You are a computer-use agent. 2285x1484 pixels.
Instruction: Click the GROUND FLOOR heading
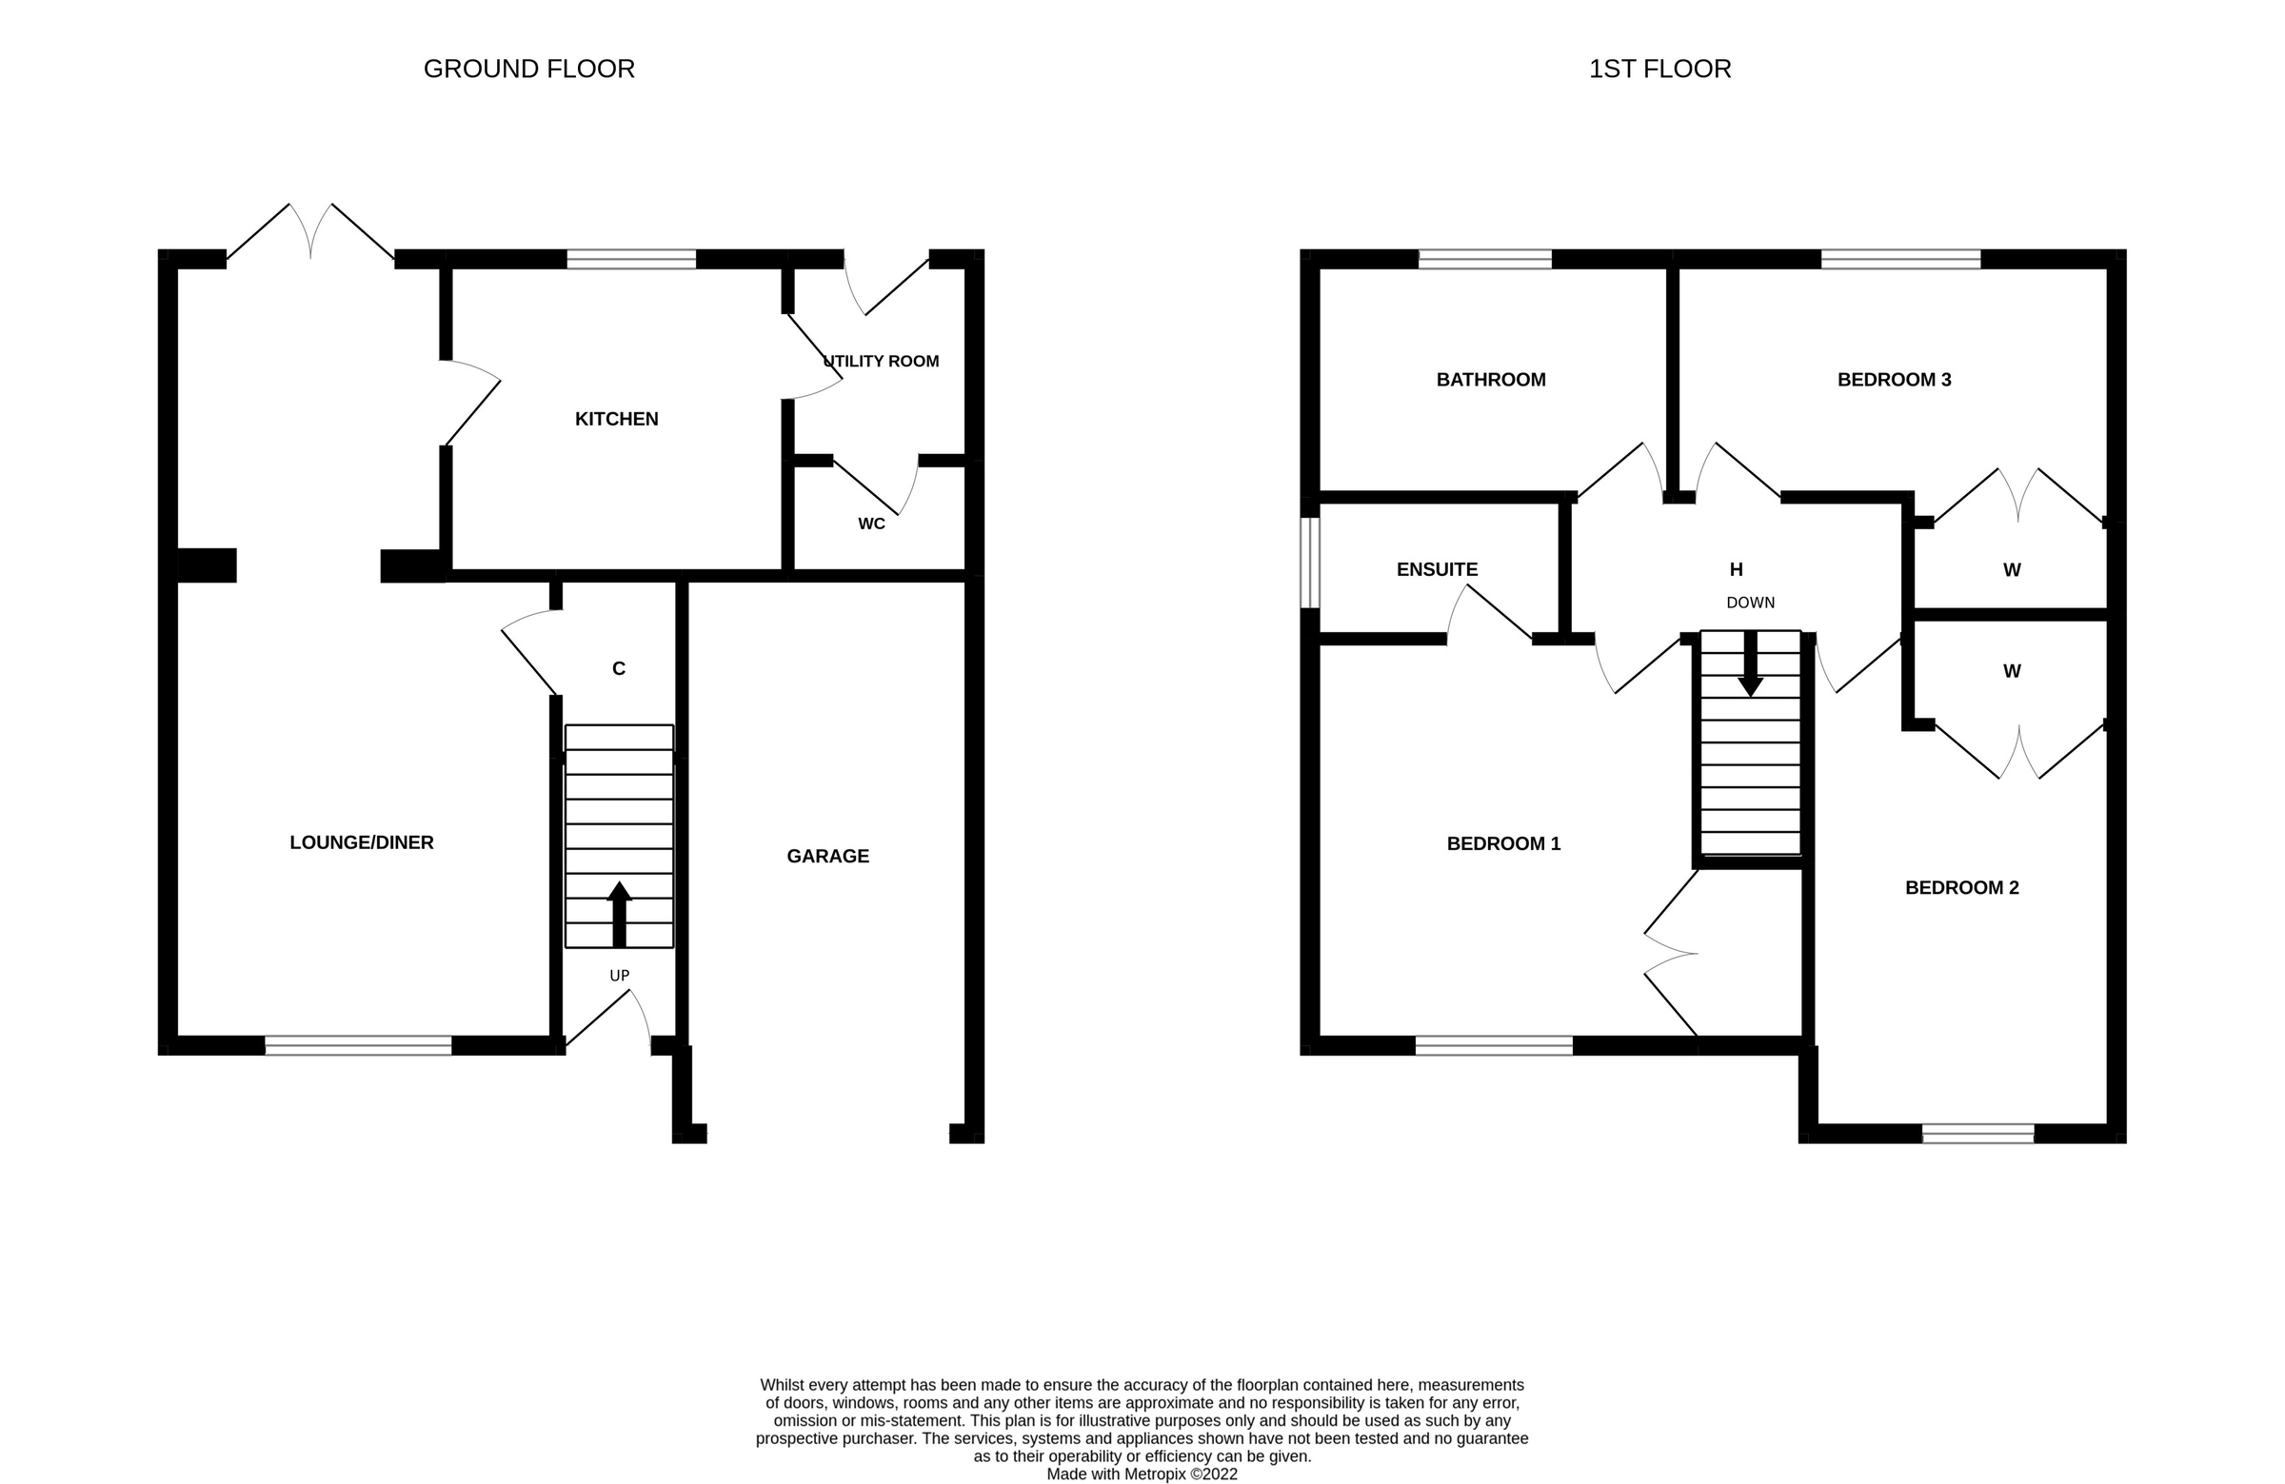point(529,69)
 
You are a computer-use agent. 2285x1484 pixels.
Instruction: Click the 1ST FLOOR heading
point(1659,69)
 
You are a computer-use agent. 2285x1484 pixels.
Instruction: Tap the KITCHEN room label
point(616,419)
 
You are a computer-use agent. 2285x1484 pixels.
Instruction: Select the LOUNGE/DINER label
point(361,841)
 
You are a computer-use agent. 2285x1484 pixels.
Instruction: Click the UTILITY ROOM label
point(882,361)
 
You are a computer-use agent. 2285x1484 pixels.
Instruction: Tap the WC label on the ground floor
point(871,524)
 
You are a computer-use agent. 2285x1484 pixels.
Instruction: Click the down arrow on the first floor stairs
point(1750,664)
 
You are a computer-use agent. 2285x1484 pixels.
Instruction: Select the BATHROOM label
point(1490,379)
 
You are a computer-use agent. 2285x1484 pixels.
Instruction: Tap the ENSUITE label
point(1437,569)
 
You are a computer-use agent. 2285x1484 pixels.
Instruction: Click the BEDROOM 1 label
point(1502,842)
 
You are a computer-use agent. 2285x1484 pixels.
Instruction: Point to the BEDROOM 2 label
point(1961,887)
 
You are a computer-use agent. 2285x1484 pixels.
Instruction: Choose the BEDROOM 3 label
point(1894,379)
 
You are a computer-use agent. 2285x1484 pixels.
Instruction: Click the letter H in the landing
point(1736,569)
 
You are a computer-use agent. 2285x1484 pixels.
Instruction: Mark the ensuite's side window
point(1309,563)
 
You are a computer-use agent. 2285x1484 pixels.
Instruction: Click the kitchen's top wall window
point(631,259)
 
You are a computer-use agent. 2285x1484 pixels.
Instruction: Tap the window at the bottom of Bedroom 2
point(1977,1134)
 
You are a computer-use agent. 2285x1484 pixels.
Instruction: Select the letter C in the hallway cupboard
point(618,668)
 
